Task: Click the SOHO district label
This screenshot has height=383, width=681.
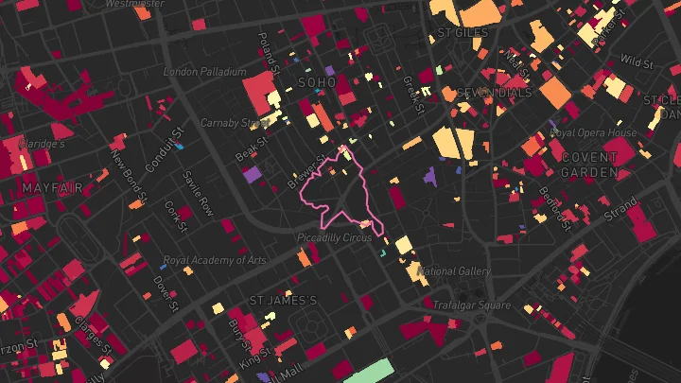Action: pyautogui.click(x=316, y=82)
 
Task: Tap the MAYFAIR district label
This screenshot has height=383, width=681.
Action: pyautogui.click(x=47, y=188)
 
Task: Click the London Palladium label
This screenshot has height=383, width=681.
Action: pyautogui.click(x=204, y=72)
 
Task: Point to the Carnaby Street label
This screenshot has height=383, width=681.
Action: pyautogui.click(x=236, y=123)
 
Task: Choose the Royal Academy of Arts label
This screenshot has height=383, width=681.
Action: pyautogui.click(x=215, y=260)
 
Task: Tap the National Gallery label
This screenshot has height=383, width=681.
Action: pyautogui.click(x=454, y=271)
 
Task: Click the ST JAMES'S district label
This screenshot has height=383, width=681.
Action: pyautogui.click(x=284, y=301)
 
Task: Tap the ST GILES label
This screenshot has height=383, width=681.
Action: pyautogui.click(x=463, y=33)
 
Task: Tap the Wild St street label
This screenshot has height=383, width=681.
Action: pyautogui.click(x=637, y=62)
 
